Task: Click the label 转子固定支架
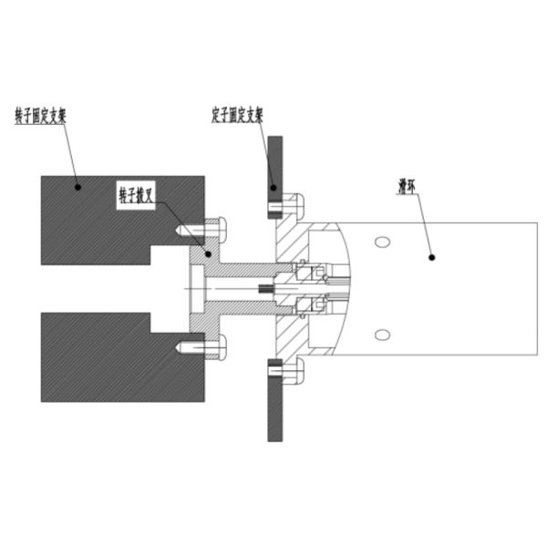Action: click(41, 117)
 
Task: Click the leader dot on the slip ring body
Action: click(432, 258)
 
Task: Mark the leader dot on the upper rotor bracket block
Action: click(78, 187)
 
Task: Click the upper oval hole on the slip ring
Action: click(382, 241)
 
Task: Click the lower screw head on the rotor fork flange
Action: click(217, 346)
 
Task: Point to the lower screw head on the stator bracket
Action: click(294, 371)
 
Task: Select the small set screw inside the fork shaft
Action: click(268, 290)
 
